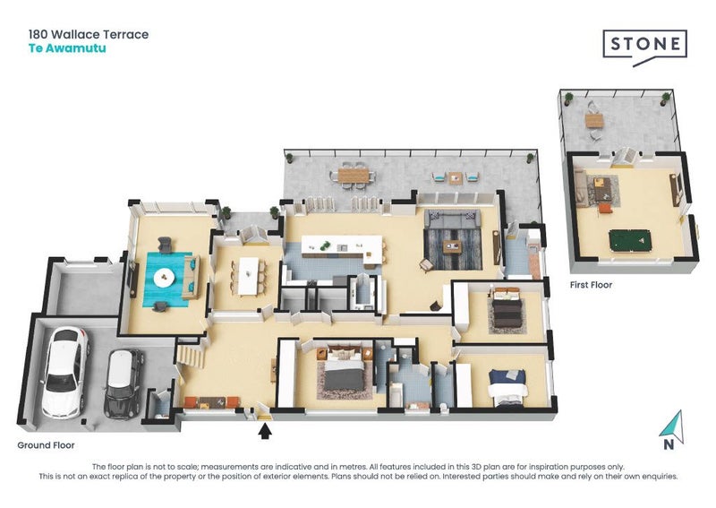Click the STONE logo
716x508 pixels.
[x=644, y=47]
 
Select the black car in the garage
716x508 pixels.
[x=124, y=383]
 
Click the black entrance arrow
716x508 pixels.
[x=265, y=431]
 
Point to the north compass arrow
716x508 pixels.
[x=672, y=427]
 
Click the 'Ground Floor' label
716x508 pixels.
[x=46, y=445]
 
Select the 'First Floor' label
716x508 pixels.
[x=591, y=285]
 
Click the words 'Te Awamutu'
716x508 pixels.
[x=67, y=48]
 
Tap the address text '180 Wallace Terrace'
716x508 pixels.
[x=89, y=34]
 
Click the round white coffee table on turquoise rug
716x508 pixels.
[x=164, y=278]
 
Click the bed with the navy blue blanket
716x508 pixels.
[x=507, y=387]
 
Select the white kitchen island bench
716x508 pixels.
[x=343, y=250]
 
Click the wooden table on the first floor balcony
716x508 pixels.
[x=594, y=121]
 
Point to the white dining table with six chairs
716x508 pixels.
[x=249, y=276]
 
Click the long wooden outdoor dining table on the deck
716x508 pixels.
[x=353, y=175]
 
